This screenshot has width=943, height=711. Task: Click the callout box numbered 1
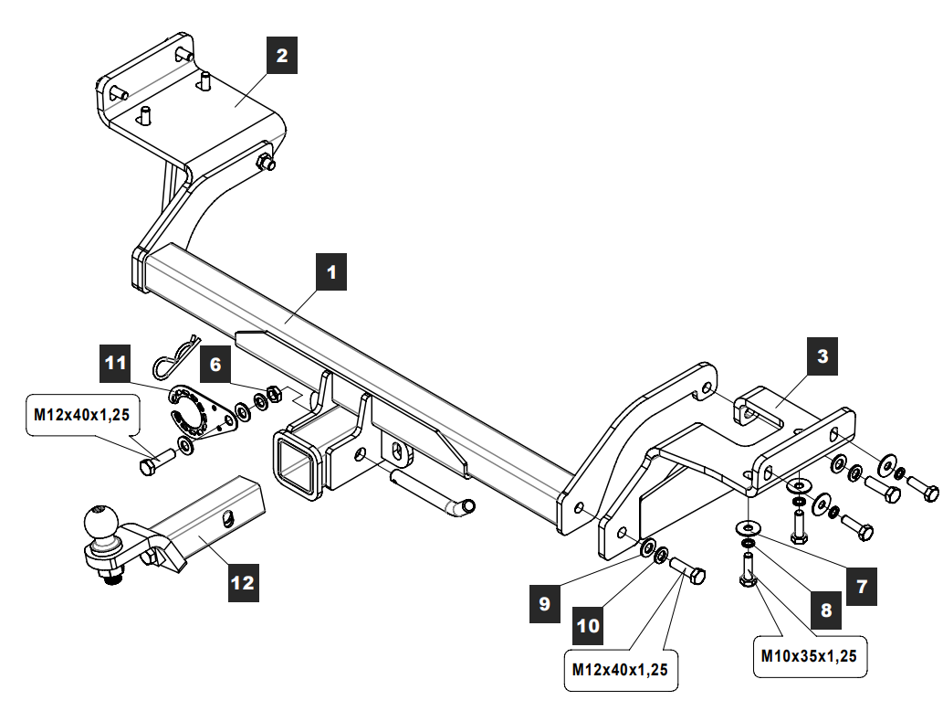331,272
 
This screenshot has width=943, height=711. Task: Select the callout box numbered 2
282,56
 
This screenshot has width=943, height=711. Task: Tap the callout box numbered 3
823,356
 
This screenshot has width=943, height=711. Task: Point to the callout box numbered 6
215,365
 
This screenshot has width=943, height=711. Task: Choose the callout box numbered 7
861,586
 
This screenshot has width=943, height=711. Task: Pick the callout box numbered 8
826,610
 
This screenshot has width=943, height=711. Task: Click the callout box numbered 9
545,603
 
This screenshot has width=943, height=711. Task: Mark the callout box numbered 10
588,625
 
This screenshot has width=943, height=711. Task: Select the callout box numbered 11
115,363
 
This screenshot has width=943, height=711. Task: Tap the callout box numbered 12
243,583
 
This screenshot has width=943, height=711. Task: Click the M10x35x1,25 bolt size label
810,656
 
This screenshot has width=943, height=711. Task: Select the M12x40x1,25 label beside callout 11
82,415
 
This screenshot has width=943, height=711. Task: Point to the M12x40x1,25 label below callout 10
621,670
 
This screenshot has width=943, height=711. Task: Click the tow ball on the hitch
100,523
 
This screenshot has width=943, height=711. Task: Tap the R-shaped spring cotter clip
174,356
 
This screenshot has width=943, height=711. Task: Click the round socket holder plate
202,412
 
